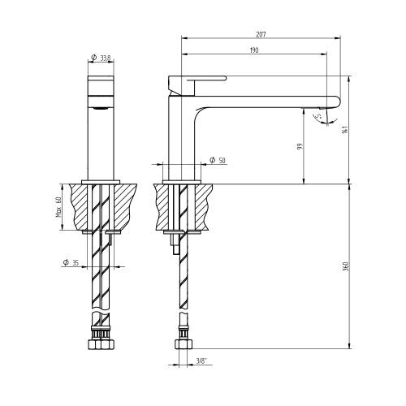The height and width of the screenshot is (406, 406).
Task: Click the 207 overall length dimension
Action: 261,35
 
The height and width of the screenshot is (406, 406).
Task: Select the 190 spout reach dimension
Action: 254,51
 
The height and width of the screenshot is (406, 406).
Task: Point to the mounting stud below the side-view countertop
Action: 172,244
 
